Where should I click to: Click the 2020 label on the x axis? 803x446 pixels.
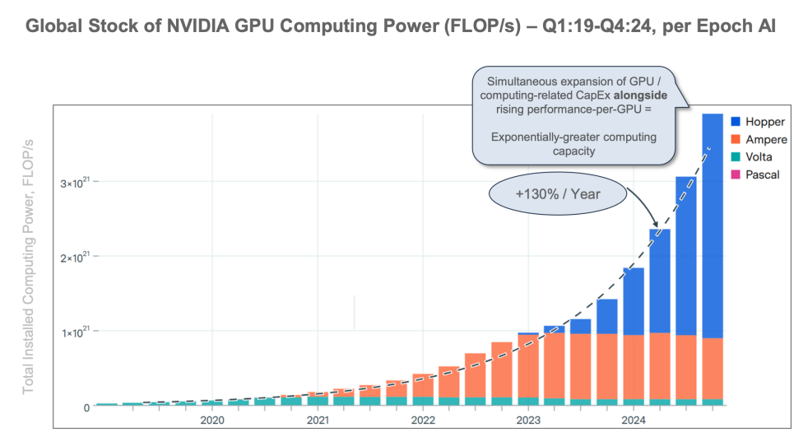(x=212, y=420)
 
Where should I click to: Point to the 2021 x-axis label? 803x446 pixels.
(x=318, y=420)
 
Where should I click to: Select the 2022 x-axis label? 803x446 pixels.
(x=423, y=420)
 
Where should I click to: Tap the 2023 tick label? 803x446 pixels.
(x=528, y=420)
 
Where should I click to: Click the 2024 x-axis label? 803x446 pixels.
(x=634, y=420)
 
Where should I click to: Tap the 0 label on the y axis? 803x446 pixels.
(x=86, y=407)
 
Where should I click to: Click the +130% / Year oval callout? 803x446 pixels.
(x=557, y=194)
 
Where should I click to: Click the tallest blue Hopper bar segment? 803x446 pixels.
(x=712, y=225)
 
